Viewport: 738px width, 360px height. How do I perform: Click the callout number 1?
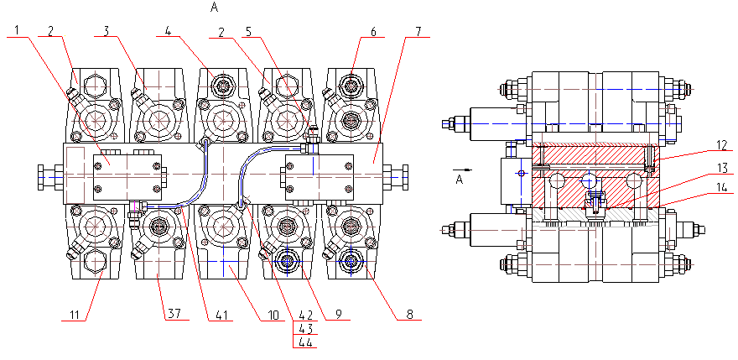(18, 30)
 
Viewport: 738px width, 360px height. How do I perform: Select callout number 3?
(107, 30)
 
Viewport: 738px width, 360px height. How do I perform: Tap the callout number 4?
(168, 30)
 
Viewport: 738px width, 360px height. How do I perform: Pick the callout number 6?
(373, 30)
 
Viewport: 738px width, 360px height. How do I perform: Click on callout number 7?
(418, 30)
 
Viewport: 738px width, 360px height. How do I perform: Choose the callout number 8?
(408, 314)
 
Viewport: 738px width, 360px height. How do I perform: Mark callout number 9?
(340, 314)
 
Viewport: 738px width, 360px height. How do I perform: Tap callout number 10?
(273, 314)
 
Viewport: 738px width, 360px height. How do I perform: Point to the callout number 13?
(721, 167)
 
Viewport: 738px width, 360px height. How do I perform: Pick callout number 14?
(721, 186)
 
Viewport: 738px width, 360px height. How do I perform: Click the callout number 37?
(174, 314)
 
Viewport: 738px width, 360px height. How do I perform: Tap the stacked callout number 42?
(305, 314)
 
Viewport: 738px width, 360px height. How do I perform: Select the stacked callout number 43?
(305, 328)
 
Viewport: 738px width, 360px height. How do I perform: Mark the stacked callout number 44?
(305, 342)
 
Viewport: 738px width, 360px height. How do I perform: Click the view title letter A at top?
(215, 8)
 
